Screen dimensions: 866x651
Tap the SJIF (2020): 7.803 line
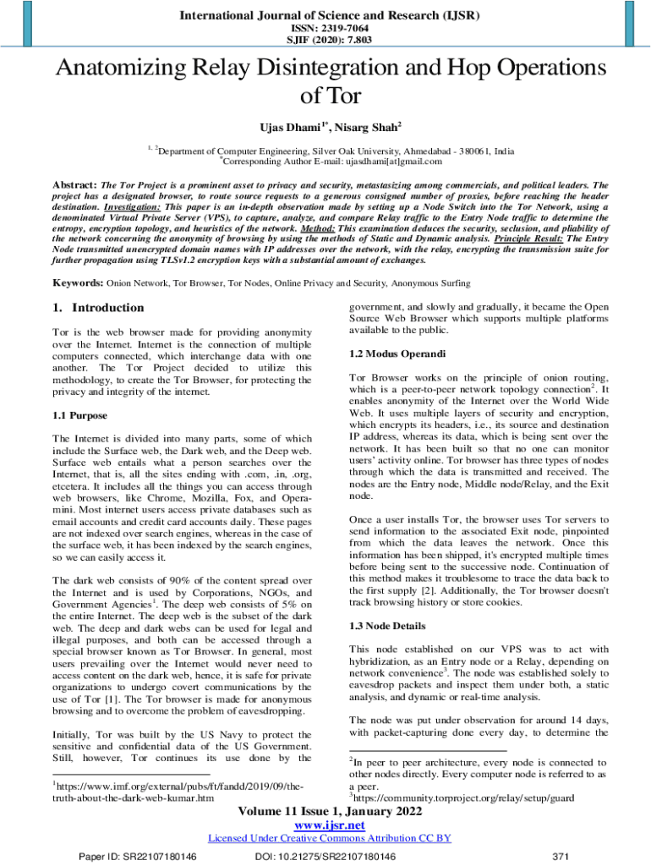click(x=325, y=39)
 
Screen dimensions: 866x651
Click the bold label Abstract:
click(x=75, y=184)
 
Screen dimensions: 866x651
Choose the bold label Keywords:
click(x=79, y=282)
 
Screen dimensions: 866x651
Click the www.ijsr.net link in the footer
click(x=325, y=825)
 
